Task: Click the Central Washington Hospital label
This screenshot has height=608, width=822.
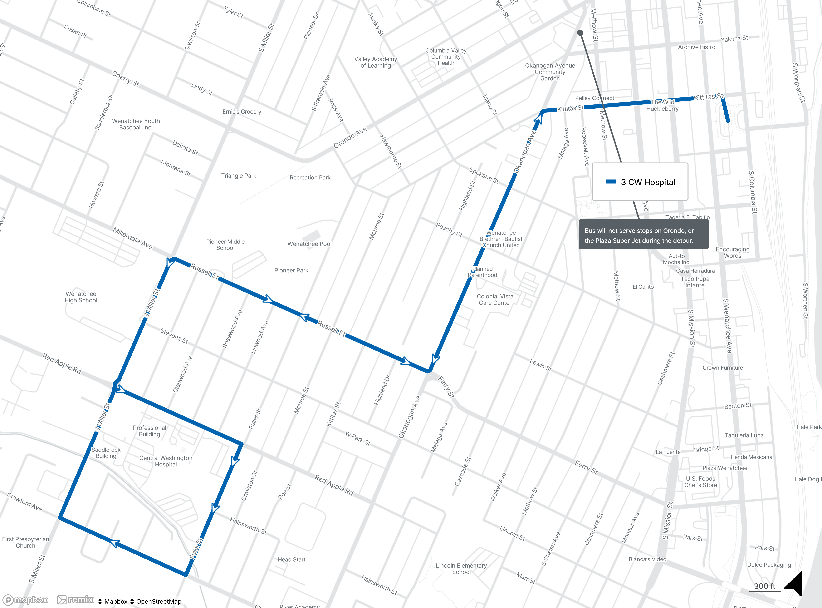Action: (166, 461)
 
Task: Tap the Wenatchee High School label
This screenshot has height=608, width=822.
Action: (81, 297)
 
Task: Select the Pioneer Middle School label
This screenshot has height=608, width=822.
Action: (225, 245)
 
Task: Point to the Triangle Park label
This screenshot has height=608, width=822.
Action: (238, 176)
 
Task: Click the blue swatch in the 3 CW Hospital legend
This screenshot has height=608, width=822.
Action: (611, 181)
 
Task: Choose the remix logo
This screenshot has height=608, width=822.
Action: (75, 600)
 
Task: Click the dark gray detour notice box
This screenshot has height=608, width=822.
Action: (643, 234)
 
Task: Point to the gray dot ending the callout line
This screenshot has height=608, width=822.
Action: (580, 33)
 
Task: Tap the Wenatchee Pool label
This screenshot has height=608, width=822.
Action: (309, 244)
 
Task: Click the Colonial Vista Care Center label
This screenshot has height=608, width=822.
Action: (495, 300)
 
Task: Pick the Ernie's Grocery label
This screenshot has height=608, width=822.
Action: (242, 112)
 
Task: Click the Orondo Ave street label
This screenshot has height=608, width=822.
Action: (350, 137)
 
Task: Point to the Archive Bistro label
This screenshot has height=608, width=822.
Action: (697, 47)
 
